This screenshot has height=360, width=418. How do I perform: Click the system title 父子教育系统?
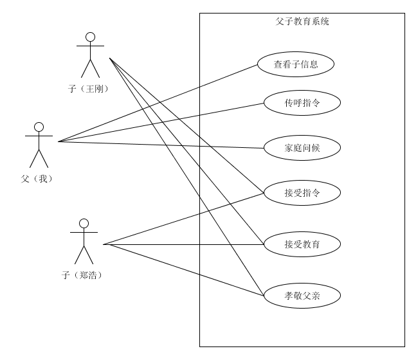[x=302, y=21]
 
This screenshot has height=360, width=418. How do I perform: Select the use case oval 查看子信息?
[x=296, y=64]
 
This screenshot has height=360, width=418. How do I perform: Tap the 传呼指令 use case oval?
[x=302, y=103]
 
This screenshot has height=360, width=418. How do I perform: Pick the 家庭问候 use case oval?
[x=302, y=148]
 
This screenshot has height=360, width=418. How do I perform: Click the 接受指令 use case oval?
[x=302, y=192]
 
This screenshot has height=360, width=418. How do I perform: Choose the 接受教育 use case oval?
[x=302, y=244]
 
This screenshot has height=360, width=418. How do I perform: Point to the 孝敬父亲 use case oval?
[x=302, y=296]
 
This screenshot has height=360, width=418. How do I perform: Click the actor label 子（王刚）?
[x=87, y=89]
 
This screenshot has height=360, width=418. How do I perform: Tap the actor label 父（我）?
[x=36, y=179]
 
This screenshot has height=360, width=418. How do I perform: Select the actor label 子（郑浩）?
[x=82, y=275]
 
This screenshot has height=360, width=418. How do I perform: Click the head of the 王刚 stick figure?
[x=90, y=37]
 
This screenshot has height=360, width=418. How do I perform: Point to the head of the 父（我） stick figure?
[x=39, y=127]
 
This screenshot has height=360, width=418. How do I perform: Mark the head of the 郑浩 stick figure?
[x=83, y=223]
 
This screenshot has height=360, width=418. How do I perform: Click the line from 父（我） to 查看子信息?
[x=158, y=103]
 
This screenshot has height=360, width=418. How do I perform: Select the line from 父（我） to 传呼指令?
[x=161, y=122]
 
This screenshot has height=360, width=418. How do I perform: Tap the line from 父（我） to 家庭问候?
[x=161, y=145]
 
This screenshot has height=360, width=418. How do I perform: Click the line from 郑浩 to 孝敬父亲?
[x=183, y=270]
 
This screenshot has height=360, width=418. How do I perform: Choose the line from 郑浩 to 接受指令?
[x=183, y=219]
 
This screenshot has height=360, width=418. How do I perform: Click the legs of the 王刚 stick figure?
[x=90, y=69]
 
